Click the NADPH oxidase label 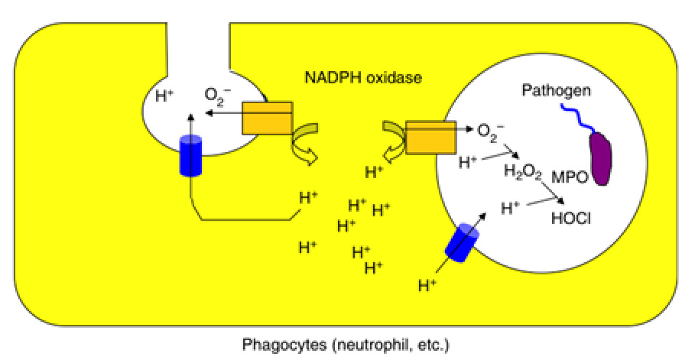click(x=364, y=78)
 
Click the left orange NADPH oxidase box click(x=267, y=118)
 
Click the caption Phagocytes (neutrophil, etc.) click(x=346, y=344)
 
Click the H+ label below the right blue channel click(x=429, y=287)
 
